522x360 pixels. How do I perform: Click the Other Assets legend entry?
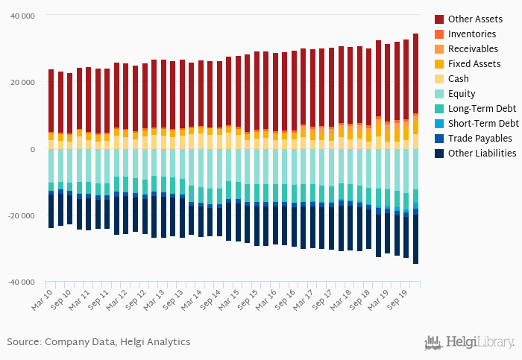474,19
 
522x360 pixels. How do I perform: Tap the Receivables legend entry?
473,48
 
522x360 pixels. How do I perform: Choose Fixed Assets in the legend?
474,63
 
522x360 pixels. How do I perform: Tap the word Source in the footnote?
24,341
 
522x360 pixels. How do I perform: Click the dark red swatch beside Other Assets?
439,19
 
